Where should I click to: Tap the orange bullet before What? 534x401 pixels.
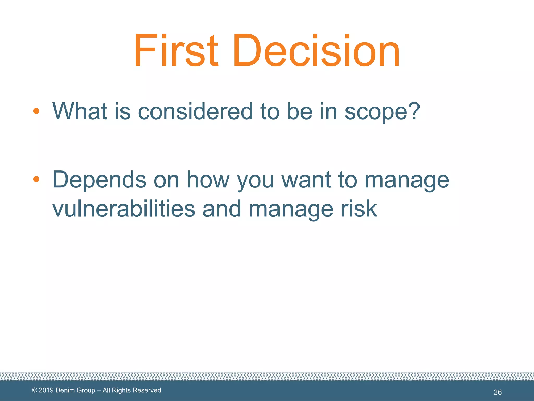36,111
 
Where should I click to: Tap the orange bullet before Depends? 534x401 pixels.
36,179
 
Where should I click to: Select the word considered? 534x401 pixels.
195,111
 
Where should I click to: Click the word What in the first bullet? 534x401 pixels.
80,111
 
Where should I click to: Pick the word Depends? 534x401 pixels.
99,180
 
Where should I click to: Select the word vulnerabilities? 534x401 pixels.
124,209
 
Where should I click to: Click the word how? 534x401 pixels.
208,180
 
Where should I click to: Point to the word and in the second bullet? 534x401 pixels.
222,209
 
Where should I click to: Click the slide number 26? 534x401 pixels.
497,392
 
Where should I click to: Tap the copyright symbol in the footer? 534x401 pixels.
34,390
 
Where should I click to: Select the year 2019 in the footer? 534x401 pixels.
46,390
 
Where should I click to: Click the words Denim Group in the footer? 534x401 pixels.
75,390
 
